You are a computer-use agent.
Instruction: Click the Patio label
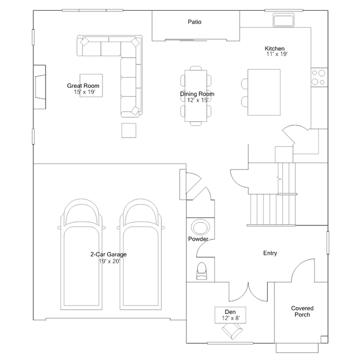[194, 22]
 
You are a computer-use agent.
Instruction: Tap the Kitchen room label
[274, 48]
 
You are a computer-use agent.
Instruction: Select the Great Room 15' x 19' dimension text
[85, 92]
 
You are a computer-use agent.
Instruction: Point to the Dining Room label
[197, 94]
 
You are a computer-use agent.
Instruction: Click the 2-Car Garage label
[108, 255]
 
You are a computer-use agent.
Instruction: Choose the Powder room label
[198, 239]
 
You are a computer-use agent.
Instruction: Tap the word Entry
[270, 253]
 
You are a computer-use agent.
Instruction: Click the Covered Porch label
[302, 312]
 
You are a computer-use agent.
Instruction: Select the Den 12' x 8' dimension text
[231, 318]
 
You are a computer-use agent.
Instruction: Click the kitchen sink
[283, 20]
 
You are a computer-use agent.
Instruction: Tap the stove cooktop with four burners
[319, 77]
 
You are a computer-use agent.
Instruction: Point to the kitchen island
[264, 92]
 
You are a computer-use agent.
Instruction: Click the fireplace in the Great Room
[40, 87]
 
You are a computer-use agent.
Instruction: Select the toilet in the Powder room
[202, 271]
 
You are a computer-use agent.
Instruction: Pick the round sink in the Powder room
[200, 228]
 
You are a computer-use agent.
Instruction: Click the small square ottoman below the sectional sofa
[129, 130]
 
